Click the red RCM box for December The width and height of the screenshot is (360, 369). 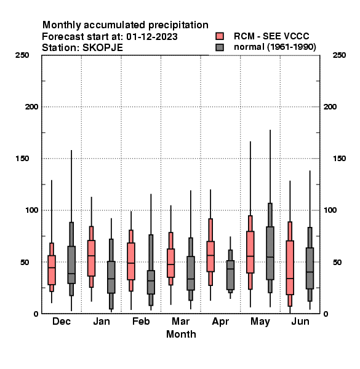[x=52, y=270]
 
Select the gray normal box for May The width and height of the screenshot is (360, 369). [x=270, y=253]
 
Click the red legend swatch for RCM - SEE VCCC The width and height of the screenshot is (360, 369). [x=220, y=36]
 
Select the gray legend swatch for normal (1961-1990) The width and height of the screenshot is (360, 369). [x=220, y=47]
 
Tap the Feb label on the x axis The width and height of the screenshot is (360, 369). [x=141, y=321]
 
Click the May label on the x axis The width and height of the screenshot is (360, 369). [x=260, y=322]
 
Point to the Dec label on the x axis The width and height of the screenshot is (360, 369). [x=62, y=321]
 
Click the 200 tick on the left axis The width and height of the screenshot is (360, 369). [x=31, y=107]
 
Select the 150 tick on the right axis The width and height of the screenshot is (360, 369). [x=339, y=159]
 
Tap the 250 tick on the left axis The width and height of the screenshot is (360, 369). [x=22, y=55]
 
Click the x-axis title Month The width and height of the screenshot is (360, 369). [x=181, y=334]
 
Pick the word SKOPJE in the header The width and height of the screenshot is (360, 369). [x=103, y=48]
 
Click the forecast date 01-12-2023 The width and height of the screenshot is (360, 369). [x=152, y=37]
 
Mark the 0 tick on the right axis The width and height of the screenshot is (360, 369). [x=326, y=314]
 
